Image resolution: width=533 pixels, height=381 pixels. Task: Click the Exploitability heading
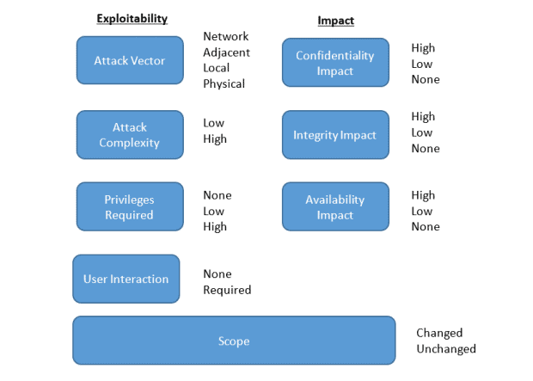point(132,18)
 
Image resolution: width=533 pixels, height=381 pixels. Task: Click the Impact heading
point(336,21)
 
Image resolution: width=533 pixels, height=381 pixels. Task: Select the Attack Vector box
point(130,60)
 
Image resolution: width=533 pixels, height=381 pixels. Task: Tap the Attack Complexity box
point(130,135)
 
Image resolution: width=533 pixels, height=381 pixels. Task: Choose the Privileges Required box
point(130,206)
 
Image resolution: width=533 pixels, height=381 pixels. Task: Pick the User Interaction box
point(126,279)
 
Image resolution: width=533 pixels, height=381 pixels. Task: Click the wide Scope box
point(234,341)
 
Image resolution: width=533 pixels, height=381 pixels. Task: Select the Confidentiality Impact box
point(335,63)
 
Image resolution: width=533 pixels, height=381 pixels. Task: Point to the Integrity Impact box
point(335,135)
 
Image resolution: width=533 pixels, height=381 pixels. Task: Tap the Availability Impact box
point(335,206)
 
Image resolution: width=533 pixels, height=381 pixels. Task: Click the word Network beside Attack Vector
point(226,36)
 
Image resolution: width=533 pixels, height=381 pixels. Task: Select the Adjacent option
point(226,52)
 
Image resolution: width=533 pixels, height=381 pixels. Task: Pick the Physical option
point(224,83)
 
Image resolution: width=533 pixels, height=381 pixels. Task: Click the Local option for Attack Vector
point(216,68)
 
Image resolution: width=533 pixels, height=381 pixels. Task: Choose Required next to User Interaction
point(227,290)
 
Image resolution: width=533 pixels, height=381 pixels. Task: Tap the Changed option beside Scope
point(439,333)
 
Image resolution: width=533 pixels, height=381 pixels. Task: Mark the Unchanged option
point(446,348)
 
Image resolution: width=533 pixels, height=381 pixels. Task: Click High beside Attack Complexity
point(215,138)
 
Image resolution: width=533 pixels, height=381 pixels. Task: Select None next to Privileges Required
point(217,195)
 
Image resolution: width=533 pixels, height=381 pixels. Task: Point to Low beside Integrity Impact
point(422,132)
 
